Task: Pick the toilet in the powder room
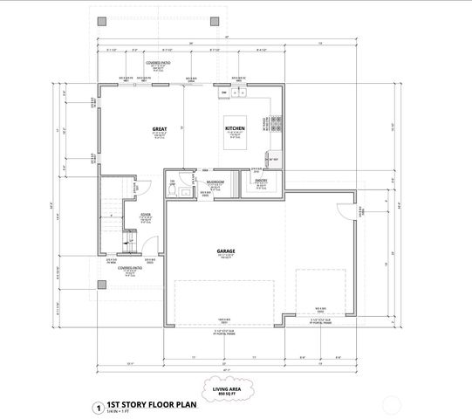click(172, 183)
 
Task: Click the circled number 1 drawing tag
click(99, 405)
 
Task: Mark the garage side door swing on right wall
click(346, 212)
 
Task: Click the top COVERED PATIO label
click(159, 64)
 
